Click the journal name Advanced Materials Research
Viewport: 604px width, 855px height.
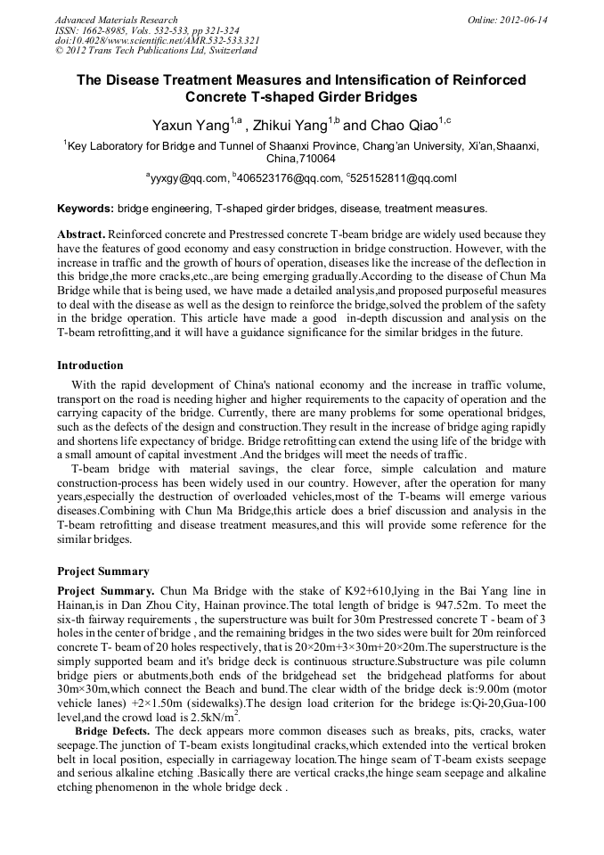point(116,20)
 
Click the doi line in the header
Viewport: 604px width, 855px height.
point(157,41)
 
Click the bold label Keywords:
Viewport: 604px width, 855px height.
point(86,209)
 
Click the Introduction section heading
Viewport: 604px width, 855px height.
point(90,366)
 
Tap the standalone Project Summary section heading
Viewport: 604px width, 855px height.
point(103,571)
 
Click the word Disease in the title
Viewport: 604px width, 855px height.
point(136,80)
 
